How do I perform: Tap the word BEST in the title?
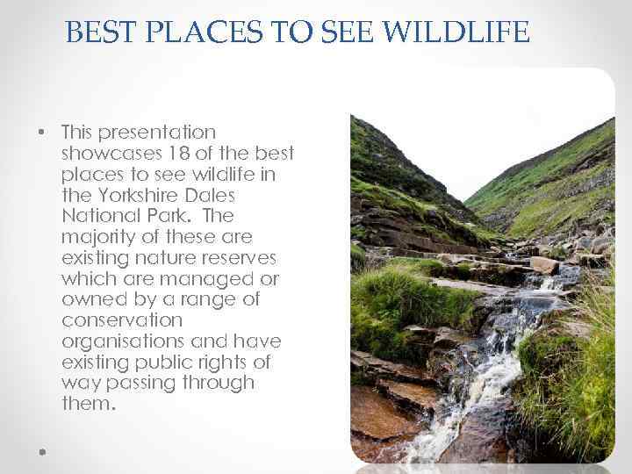point(97,32)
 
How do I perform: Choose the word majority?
point(97,237)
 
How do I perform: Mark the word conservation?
point(121,320)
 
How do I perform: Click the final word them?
point(87,404)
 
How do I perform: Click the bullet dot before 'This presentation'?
point(42,133)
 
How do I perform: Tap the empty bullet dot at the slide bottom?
point(42,450)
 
